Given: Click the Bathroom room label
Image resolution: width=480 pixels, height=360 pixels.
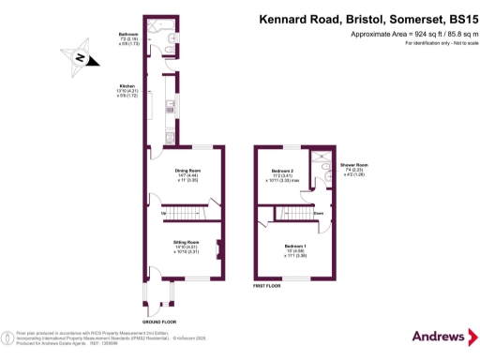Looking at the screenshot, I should (x=128, y=33).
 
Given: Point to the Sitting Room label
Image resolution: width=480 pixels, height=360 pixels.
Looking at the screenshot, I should (x=186, y=242).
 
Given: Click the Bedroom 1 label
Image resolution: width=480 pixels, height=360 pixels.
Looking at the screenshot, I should (x=296, y=246).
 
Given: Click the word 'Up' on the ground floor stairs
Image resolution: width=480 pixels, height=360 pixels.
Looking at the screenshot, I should (x=165, y=213).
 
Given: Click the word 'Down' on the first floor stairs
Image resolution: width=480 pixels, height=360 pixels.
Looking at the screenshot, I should (x=319, y=213).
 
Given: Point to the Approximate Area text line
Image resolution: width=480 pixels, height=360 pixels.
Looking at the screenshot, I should (x=405, y=34).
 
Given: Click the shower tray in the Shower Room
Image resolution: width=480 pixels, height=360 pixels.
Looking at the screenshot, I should (x=322, y=158).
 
